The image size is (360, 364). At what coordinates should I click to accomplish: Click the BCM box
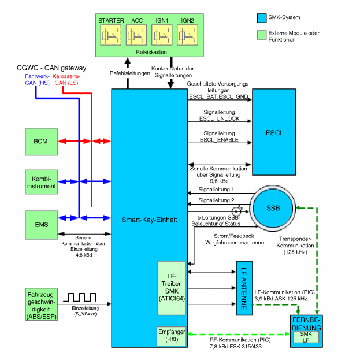coord(42,142)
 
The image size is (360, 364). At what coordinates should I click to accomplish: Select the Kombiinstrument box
coord(42,182)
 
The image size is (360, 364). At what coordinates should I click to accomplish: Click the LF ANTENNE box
coord(245,288)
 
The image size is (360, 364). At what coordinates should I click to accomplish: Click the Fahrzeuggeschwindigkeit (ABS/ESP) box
coord(42,304)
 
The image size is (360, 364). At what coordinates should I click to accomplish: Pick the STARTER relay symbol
coord(112,36)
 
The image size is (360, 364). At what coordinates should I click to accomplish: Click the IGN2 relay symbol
coord(187,36)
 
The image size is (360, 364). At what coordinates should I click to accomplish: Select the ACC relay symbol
coord(137,36)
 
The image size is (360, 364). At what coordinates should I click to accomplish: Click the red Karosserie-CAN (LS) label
coord(67,80)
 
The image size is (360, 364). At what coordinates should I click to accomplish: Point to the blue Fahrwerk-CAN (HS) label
coord(37,80)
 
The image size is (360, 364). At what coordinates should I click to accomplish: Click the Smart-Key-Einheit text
coord(149,220)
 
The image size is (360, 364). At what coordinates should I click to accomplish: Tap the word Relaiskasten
coord(151,51)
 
